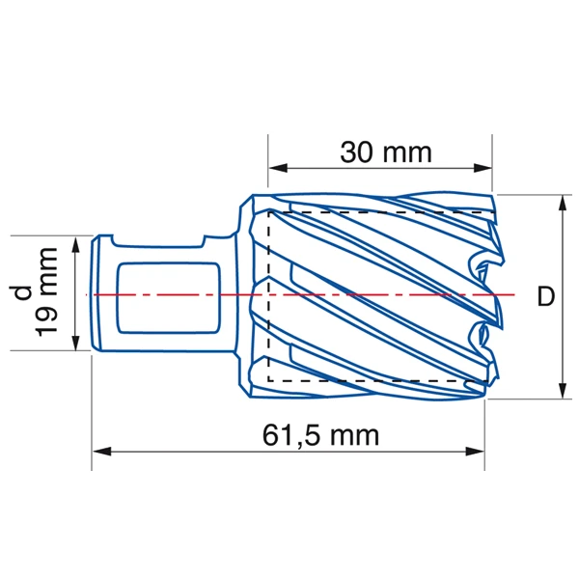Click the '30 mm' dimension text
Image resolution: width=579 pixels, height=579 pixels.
point(386,152)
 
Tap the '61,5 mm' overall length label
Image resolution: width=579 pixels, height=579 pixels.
point(320,435)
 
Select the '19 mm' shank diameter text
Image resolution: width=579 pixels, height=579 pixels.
point(47,292)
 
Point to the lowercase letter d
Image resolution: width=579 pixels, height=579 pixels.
point(22,292)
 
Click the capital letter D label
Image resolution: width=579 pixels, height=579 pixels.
point(546,296)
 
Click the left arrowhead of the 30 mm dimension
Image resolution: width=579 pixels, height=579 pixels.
point(278,168)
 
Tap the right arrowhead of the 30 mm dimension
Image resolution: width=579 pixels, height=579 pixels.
point(482,168)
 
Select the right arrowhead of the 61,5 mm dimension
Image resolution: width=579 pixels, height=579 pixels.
point(475,452)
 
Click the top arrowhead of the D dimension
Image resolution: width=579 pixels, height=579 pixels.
point(563,204)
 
